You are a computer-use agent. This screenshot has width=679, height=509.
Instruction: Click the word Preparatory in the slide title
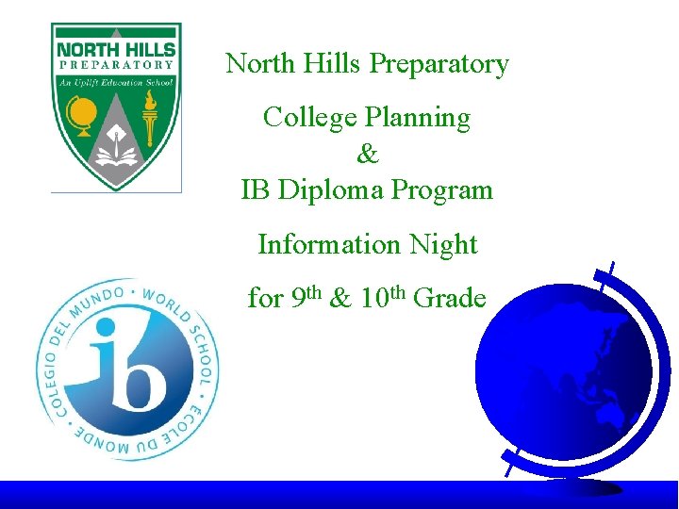pos(439,65)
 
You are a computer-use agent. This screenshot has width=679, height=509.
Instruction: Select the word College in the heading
pos(301,118)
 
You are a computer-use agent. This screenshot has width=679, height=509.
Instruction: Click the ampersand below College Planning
pos(367,154)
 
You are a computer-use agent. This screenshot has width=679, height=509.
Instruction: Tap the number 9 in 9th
pos(297,300)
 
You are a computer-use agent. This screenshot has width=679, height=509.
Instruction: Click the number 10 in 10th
pos(371,300)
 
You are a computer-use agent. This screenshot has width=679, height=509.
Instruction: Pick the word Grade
pos(451,300)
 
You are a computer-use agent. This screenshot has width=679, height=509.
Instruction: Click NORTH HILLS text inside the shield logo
pos(116,48)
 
